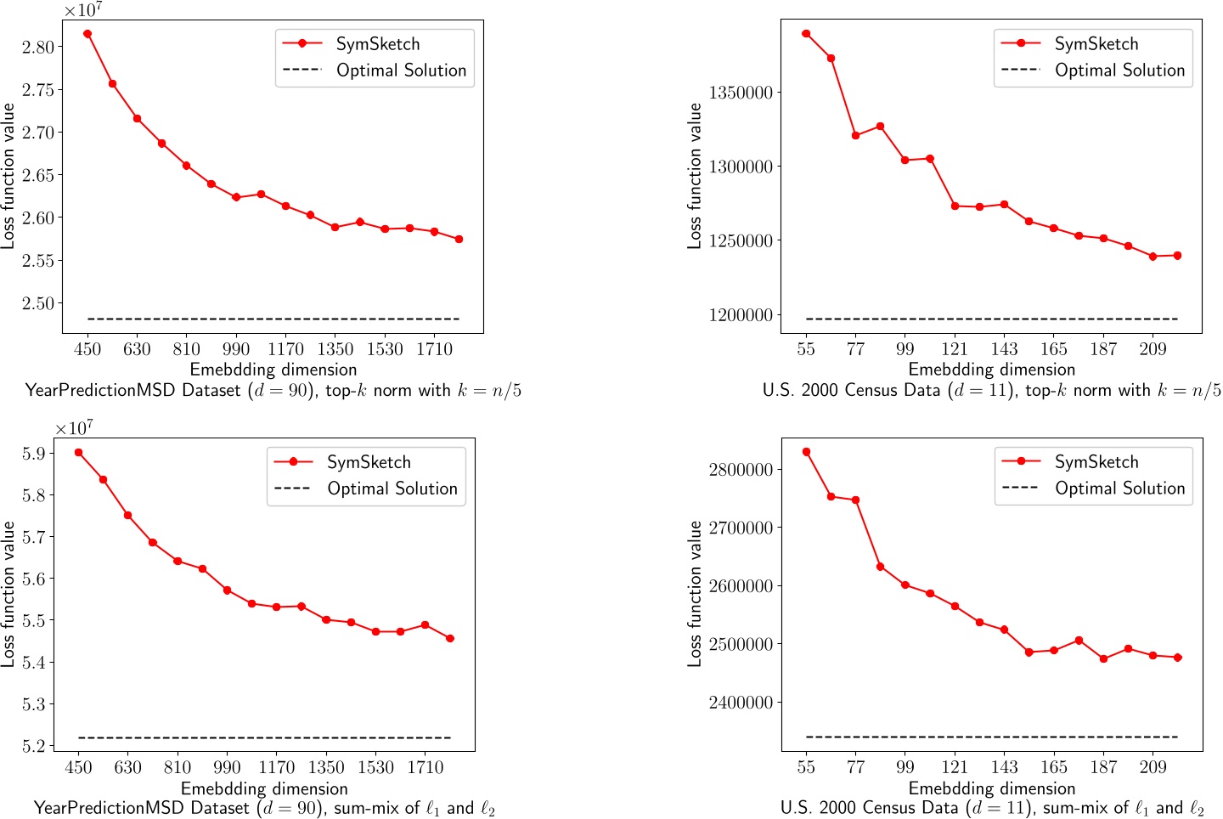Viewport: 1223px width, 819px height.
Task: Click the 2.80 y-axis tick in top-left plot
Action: coord(37,47)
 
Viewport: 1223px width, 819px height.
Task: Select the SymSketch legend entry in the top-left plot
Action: coord(377,44)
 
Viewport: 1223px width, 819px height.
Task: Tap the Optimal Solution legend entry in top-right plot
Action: coord(1119,71)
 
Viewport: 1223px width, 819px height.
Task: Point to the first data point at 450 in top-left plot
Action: coord(87,34)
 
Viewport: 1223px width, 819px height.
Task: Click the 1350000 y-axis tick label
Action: coord(740,93)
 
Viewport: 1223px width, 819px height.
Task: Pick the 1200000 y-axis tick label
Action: coord(740,315)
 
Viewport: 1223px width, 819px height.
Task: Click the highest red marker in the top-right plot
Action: coord(806,34)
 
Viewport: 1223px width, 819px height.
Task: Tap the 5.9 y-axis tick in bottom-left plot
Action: coord(33,454)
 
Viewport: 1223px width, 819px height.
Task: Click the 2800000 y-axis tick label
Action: coord(740,470)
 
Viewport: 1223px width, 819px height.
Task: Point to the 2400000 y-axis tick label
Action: coord(740,703)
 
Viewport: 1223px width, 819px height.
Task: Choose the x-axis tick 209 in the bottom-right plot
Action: coord(1153,768)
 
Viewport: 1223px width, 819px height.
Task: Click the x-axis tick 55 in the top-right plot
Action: coord(806,349)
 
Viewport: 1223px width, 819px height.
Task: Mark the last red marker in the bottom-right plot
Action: coord(1177,658)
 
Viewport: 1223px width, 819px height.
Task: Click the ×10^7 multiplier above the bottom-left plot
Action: coord(74,428)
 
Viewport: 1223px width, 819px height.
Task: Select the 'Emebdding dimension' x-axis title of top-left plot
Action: coord(273,370)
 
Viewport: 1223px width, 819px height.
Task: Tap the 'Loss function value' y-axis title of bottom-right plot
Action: coord(695,593)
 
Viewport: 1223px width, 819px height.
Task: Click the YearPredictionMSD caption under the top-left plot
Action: coord(273,391)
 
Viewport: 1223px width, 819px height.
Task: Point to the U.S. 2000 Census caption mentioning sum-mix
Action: coord(991,808)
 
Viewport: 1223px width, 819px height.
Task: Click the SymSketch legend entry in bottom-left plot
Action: coord(368,462)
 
